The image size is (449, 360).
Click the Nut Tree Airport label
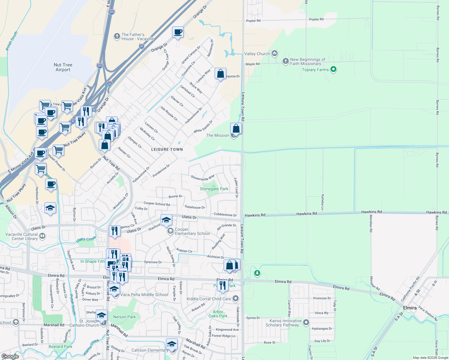coord(63,67)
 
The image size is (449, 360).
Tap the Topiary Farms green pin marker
coord(333,69)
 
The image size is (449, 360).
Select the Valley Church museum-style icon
coord(274,54)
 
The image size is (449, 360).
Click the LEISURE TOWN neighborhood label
coord(167,149)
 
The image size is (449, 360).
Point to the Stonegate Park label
coord(214,189)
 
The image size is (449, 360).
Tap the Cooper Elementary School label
coord(192,231)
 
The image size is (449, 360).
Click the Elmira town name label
coord(410,308)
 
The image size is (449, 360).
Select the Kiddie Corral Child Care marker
coord(236,298)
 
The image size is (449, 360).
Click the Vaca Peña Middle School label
coord(144,295)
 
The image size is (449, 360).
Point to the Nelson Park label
coord(124,317)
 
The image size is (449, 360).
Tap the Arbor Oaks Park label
coord(218,314)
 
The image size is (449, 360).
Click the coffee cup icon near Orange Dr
coord(178,32)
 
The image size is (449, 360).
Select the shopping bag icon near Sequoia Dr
coord(220,73)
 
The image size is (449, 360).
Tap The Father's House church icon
coord(117,36)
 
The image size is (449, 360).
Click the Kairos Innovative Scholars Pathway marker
coord(306,322)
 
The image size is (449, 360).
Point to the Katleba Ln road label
coord(323,202)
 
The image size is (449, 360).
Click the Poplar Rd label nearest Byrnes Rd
coord(316,19)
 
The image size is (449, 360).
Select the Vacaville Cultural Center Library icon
coord(42,236)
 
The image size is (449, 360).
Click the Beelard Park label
coord(60,346)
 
